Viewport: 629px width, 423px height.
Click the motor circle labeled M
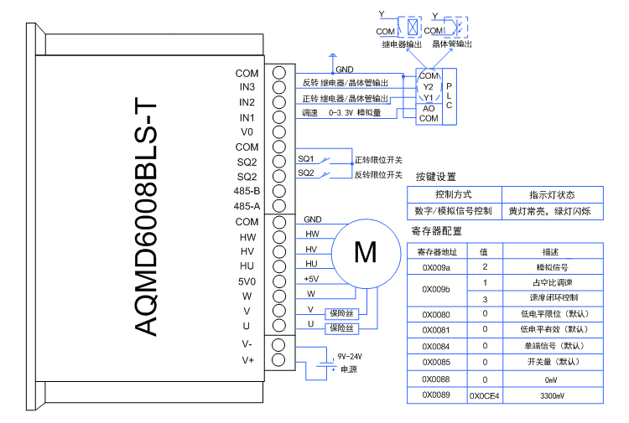coord(365,251)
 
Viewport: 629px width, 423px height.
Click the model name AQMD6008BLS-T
coord(146,216)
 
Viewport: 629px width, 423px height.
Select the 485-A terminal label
coord(247,206)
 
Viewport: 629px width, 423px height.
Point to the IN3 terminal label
coord(247,87)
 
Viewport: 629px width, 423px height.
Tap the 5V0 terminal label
coord(247,281)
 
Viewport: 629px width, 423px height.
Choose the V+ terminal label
coord(247,360)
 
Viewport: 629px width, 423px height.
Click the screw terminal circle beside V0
coord(279,132)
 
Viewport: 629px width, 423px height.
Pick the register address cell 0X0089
coord(436,395)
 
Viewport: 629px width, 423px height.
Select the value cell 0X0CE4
coord(484,395)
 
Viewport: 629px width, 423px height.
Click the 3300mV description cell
coord(551,395)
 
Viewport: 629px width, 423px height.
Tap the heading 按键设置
coord(435,177)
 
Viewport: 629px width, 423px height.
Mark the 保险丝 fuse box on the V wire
coord(343,311)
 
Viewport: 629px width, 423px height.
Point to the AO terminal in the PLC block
coord(428,108)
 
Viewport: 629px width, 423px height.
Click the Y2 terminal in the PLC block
coord(428,86)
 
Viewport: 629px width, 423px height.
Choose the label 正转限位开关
coord(378,159)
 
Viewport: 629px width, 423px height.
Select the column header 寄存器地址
coord(436,251)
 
